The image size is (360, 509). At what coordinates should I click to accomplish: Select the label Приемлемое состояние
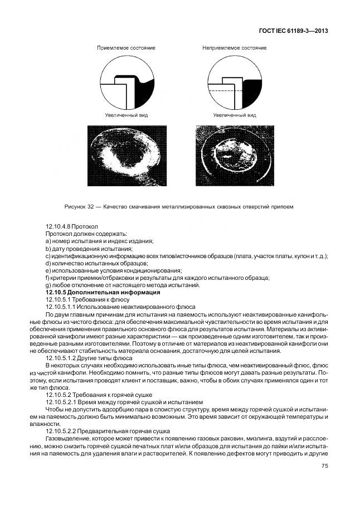pyautogui.click(x=126, y=48)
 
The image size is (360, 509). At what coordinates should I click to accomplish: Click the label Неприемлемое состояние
pyautogui.click(x=234, y=48)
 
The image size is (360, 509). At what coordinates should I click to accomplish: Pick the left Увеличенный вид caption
pyautogui.click(x=126, y=115)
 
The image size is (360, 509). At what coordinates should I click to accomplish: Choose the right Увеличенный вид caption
pyautogui.click(x=235, y=115)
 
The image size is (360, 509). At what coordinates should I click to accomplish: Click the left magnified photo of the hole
pyautogui.click(x=127, y=156)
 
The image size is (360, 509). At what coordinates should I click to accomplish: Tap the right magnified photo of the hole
pyautogui.click(x=234, y=156)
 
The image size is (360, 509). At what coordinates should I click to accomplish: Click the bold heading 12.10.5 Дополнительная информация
pyautogui.click(x=103, y=292)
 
